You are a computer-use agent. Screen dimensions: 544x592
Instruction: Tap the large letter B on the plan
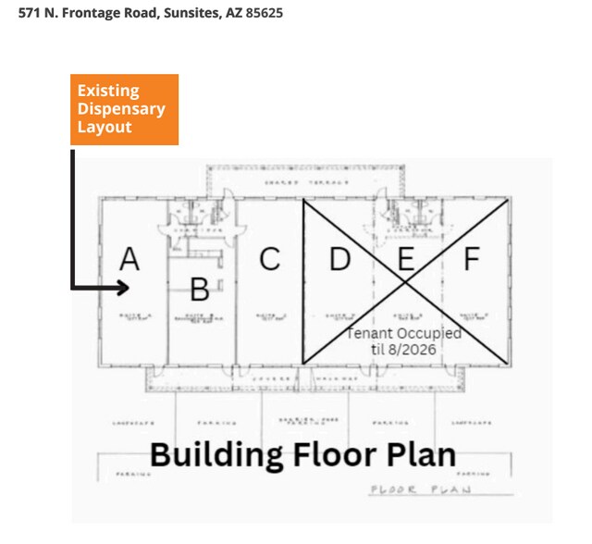tap(199, 290)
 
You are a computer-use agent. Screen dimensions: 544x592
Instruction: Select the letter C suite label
tap(269, 260)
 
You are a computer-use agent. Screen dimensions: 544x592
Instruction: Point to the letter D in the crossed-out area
tap(340, 260)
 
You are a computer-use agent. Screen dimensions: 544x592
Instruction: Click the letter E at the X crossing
tap(405, 260)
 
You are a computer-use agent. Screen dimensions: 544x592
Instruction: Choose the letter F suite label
tap(472, 260)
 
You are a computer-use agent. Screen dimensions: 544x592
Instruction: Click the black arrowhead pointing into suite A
tap(121, 288)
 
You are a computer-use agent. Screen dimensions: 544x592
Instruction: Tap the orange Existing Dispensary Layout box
tap(124, 109)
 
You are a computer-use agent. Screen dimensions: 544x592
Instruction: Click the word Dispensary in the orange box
tap(121, 109)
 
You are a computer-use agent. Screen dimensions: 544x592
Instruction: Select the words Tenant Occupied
tap(404, 333)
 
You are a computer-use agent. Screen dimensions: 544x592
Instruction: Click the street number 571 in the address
tap(30, 14)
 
